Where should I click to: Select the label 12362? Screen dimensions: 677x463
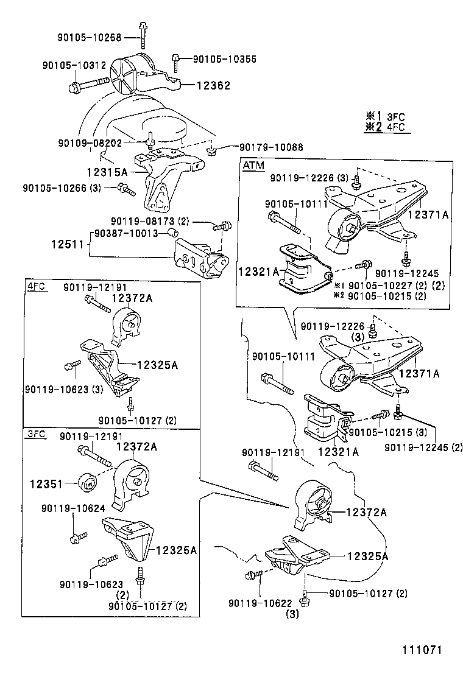point(213,86)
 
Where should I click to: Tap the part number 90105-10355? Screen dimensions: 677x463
point(224,59)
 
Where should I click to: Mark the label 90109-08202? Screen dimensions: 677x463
point(90,142)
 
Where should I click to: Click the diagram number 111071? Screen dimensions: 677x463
point(420,650)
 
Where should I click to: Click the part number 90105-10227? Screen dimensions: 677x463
point(382,285)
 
